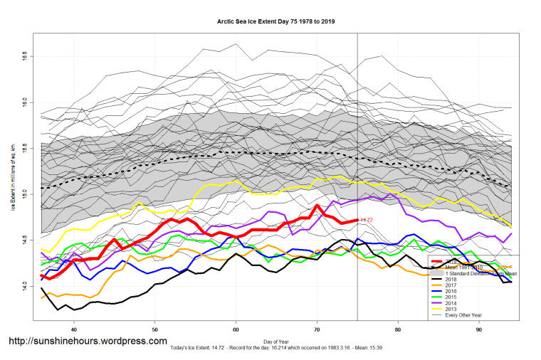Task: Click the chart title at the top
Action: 275,22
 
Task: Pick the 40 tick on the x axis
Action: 74,329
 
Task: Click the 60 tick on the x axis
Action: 236,329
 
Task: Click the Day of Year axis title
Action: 275,341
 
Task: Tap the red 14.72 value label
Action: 367,221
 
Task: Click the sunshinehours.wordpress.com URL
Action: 88,342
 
